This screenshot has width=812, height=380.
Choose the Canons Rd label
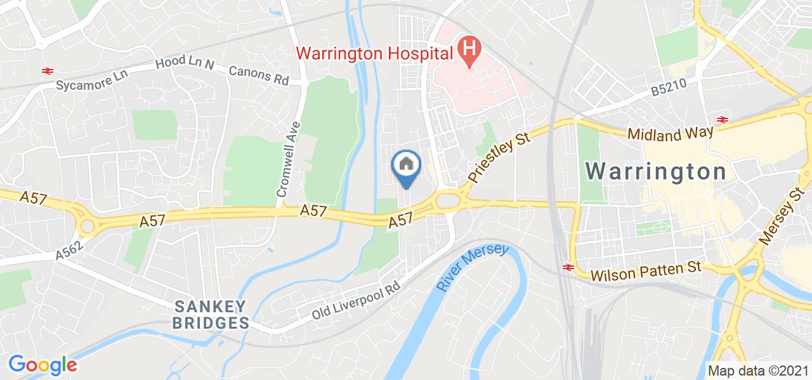pyautogui.click(x=259, y=75)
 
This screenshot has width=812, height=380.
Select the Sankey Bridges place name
pyautogui.click(x=211, y=315)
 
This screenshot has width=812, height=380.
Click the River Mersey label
pyautogui.click(x=473, y=269)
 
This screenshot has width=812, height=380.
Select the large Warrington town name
pyautogui.click(x=656, y=172)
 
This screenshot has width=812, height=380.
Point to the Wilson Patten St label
pyautogui.click(x=646, y=272)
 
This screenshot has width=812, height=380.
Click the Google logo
pyautogui.click(x=43, y=364)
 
